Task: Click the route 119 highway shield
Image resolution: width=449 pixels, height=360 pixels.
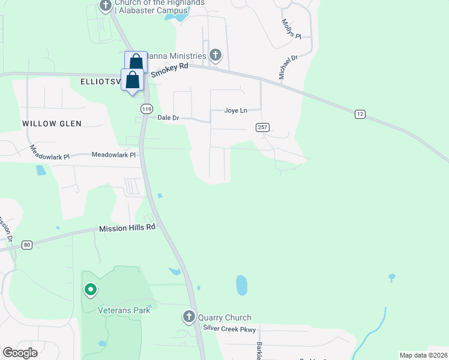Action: point(146,109)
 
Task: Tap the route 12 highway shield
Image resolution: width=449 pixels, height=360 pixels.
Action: point(360,114)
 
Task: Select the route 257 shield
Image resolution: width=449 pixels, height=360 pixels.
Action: point(262,127)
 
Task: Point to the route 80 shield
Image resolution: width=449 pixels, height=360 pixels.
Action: point(26,245)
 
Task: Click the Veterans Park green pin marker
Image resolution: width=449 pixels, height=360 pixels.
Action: point(91,291)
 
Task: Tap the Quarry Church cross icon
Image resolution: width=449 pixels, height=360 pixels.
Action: point(189,317)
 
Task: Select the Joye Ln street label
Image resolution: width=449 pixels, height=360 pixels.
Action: point(235,110)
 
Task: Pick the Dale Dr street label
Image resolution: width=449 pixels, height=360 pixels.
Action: point(168,118)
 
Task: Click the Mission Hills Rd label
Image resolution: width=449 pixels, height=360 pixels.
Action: point(127,228)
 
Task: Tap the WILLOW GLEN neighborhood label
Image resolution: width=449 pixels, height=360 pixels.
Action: point(52,123)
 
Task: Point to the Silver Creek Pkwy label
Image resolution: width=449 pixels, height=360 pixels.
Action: point(229,329)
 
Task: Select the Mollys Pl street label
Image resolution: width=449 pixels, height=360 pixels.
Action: point(291,29)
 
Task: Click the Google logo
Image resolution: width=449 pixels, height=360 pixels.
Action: point(20,353)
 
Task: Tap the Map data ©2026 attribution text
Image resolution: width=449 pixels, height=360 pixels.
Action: point(423,355)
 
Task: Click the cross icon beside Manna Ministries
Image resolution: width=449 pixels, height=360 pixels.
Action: point(215,56)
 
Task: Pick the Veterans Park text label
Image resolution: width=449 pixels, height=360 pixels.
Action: point(124,310)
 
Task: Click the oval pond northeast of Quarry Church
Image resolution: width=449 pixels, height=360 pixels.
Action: point(241,285)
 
